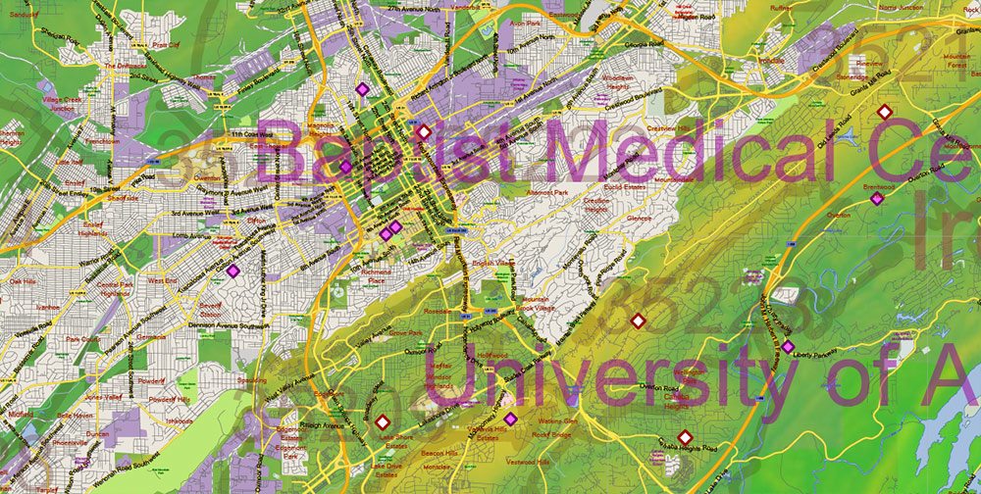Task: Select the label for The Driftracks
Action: [x=126, y=67]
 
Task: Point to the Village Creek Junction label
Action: [x=66, y=103]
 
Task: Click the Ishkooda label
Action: [x=180, y=420]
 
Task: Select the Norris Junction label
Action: [x=900, y=7]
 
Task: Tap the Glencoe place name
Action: [x=639, y=218]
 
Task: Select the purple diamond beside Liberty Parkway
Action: [x=787, y=345]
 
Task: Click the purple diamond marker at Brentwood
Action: [x=877, y=199]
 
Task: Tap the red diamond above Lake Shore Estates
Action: [x=382, y=422]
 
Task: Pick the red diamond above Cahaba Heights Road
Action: [x=686, y=436]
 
